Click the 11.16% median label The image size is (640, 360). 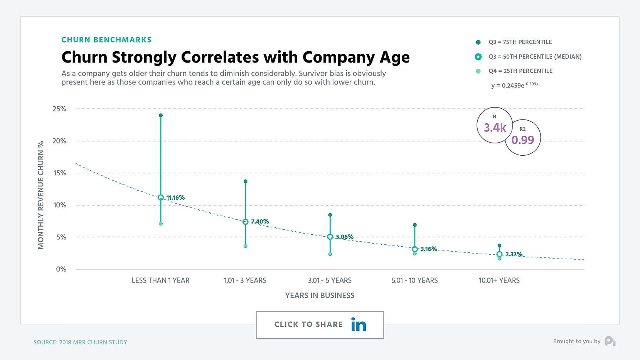click(x=175, y=198)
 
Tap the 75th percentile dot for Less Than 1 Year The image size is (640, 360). click(x=161, y=115)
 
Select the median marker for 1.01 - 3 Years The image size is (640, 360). click(x=245, y=222)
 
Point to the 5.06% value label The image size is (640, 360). click(x=344, y=237)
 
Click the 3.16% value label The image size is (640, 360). click(x=429, y=249)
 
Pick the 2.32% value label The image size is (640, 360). click(x=514, y=254)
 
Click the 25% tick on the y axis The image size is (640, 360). click(x=59, y=109)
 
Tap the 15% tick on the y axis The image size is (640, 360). click(x=59, y=173)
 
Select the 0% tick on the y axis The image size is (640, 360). click(x=61, y=269)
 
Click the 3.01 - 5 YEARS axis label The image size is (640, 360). click(x=330, y=281)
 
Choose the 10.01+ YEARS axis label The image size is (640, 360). click(x=499, y=281)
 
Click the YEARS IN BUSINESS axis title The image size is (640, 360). click(x=320, y=296)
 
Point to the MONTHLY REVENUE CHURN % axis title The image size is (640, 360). click(x=41, y=195)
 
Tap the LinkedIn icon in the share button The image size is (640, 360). click(x=358, y=325)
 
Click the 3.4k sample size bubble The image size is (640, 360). click(x=495, y=125)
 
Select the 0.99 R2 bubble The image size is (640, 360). click(x=522, y=138)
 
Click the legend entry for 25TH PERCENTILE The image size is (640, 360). click(x=520, y=71)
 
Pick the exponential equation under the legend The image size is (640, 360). click(x=514, y=85)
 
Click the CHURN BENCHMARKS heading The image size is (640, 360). click(x=106, y=40)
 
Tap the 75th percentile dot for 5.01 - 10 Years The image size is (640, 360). click(x=414, y=225)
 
